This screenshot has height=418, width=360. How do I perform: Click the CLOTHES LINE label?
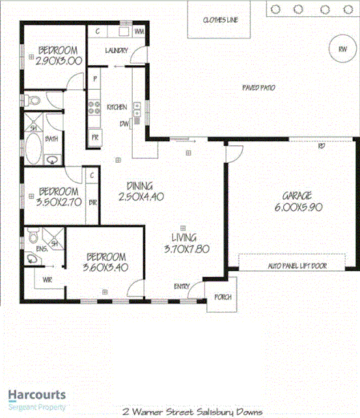click(220, 20)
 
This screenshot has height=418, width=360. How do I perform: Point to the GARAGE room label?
click(298, 195)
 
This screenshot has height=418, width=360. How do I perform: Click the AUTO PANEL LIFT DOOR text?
click(297, 266)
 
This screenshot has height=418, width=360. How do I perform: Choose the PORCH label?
click(223, 297)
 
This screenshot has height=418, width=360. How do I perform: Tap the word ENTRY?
click(182, 286)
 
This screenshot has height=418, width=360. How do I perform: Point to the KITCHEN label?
click(117, 107)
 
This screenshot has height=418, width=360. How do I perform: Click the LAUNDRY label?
click(117, 51)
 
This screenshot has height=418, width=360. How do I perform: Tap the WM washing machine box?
click(139, 31)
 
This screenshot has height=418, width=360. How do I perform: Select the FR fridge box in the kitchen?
click(94, 137)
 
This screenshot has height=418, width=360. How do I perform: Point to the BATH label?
click(51, 139)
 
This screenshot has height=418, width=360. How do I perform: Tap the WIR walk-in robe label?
click(46, 281)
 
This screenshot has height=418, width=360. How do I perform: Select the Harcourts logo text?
click(36, 394)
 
